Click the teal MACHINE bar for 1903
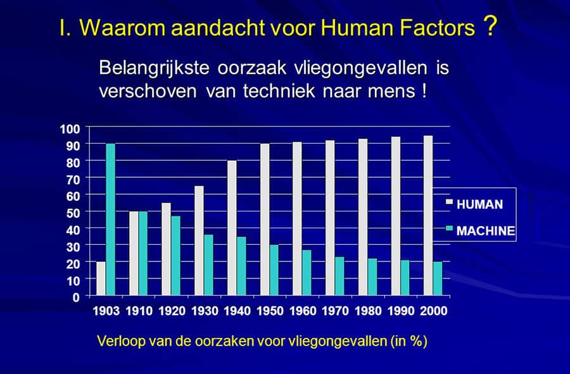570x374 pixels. (110, 220)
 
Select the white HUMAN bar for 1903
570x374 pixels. (101, 278)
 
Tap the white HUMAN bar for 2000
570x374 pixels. (428, 215)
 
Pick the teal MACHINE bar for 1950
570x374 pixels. (274, 270)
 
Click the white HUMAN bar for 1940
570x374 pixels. (232, 228)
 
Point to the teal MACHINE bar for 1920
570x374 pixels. (176, 256)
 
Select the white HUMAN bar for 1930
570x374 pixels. (199, 240)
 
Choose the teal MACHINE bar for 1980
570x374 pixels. (372, 277)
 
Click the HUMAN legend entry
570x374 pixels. (474, 204)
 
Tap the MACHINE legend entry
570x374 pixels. (481, 230)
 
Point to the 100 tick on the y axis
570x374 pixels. (70, 129)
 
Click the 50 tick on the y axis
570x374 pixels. (73, 213)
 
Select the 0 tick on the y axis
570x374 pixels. (76, 297)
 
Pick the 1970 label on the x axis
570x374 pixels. (336, 311)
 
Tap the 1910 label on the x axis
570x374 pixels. (139, 311)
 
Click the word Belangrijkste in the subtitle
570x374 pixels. (154, 68)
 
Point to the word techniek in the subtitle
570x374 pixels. (279, 90)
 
